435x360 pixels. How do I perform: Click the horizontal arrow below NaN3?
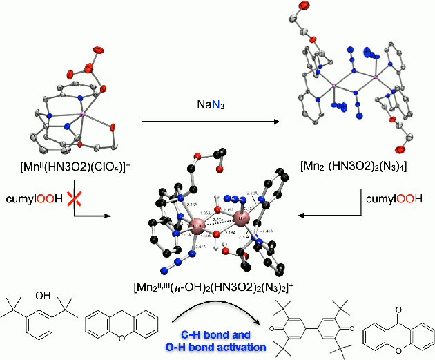click(208, 124)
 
